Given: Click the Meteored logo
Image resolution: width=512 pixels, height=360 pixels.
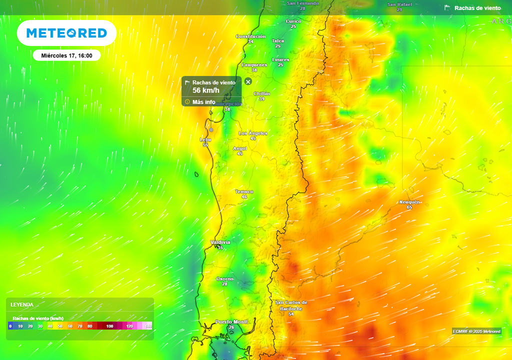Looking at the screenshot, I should coord(66,33).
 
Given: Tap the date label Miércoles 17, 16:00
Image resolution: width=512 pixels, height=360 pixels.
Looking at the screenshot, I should coord(66,55).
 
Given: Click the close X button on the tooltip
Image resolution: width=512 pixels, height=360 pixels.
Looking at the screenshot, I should coord(248,81).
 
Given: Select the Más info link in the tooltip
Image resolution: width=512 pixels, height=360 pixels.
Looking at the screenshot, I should coord(203,102).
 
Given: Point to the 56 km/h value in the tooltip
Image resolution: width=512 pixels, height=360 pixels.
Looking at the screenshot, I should coord(206,90).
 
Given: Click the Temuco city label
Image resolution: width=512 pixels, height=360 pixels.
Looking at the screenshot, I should coord(244,192).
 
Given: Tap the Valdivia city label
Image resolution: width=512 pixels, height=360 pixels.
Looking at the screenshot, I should coord(220,242).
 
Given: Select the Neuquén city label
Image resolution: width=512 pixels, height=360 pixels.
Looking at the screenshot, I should coord(409,202).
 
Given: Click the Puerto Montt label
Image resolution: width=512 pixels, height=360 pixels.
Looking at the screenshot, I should coord(231,321).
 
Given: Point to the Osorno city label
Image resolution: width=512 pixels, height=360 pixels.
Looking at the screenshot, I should coord(224,279).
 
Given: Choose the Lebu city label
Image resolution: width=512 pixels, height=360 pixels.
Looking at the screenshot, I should coord(205,140).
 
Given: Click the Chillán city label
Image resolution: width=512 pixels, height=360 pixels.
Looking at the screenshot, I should coord(261,94).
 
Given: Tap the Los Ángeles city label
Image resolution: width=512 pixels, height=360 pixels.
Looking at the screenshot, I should coord(253,133).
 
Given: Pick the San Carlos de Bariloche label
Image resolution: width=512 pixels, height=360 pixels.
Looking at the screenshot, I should coord(291,305).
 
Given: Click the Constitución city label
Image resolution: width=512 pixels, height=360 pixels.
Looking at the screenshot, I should coord(250,36).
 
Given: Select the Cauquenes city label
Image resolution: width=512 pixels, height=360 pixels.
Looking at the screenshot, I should coord(254,65).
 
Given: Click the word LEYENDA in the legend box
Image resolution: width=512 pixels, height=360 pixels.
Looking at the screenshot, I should coord(22,304).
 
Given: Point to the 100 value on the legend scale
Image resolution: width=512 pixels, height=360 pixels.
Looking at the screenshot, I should coord(109,326).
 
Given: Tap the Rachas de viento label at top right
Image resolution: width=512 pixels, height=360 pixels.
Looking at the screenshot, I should coord(477,8).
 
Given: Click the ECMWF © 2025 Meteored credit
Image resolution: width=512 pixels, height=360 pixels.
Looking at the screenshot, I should coord(476,331).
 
